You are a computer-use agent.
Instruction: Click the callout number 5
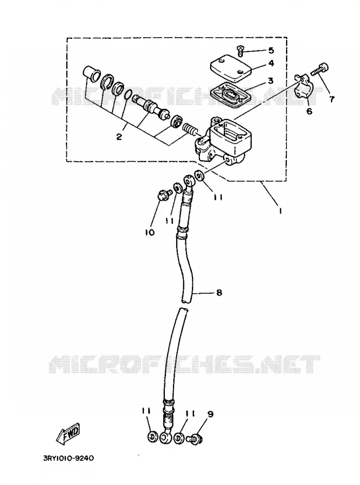click(271, 50)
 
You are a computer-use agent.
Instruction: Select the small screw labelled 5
click(240, 51)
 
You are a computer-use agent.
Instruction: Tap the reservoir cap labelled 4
click(231, 68)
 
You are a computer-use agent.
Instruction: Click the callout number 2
click(119, 136)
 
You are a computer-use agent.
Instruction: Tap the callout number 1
click(280, 211)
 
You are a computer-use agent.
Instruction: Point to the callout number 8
click(219, 292)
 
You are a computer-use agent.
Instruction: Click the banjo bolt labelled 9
click(195, 439)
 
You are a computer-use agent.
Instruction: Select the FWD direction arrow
click(68, 434)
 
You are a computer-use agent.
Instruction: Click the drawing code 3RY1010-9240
click(68, 458)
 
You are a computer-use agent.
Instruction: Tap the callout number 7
click(331, 99)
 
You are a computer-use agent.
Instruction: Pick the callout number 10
click(150, 232)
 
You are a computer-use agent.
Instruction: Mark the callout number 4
click(271, 63)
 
